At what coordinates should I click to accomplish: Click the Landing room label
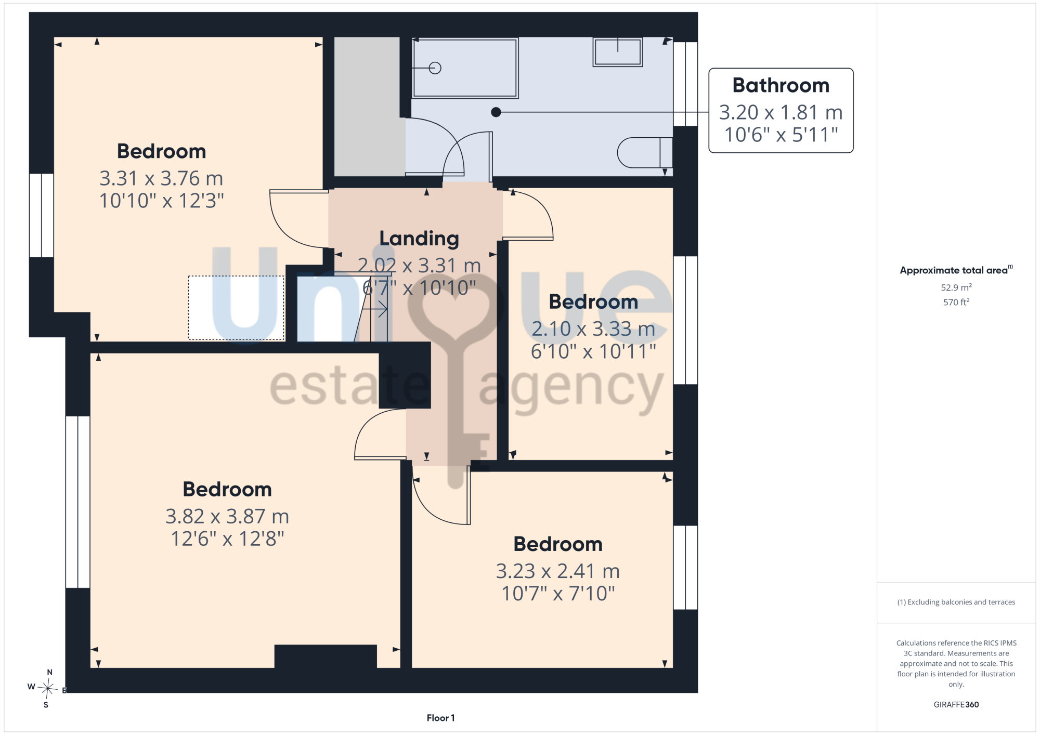pyautogui.click(x=419, y=239)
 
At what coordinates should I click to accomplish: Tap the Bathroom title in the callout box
pyautogui.click(x=781, y=85)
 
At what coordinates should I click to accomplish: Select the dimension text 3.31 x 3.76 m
pyautogui.click(x=161, y=178)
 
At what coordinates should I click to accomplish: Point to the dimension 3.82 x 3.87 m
pyautogui.click(x=227, y=516)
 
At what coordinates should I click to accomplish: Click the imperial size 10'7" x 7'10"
pyautogui.click(x=558, y=593)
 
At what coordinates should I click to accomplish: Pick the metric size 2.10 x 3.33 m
pyautogui.click(x=593, y=329)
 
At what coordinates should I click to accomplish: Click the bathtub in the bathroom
pyautogui.click(x=465, y=68)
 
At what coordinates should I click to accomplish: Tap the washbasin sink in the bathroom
pyautogui.click(x=618, y=52)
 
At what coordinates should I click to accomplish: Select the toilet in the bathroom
pyautogui.click(x=645, y=152)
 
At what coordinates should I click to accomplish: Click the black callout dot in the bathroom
pyautogui.click(x=496, y=112)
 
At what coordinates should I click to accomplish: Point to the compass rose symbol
pyautogui.click(x=47, y=689)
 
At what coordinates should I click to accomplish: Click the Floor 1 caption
pyautogui.click(x=440, y=718)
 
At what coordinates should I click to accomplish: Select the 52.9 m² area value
pyautogui.click(x=956, y=287)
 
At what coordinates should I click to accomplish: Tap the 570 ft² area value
pyautogui.click(x=956, y=302)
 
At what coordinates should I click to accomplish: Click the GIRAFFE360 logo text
pyautogui.click(x=956, y=704)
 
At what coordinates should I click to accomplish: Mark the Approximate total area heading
pyautogui.click(x=956, y=270)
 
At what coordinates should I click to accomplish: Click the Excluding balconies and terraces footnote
pyautogui.click(x=956, y=602)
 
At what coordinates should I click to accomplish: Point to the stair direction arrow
pyautogui.click(x=375, y=310)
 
